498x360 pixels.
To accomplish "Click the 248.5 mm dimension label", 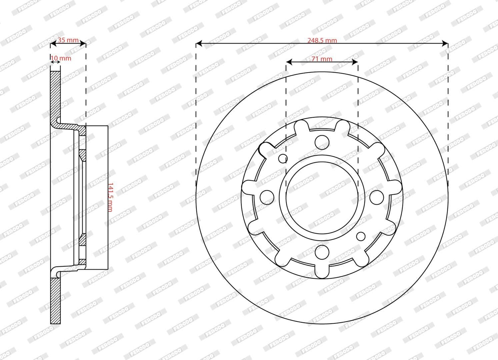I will tap(322, 40).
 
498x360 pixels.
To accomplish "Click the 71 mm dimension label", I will tap(322, 59).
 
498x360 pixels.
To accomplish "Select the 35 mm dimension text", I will tap(68, 40).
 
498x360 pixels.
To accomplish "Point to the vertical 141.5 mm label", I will tap(110, 197).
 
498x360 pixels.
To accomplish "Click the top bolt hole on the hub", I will tap(322, 141).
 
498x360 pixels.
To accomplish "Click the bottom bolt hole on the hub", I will tap(322, 252).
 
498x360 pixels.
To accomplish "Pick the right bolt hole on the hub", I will tap(377, 197).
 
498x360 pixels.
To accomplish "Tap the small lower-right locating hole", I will tap(361, 236).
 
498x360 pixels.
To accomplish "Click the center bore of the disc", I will tap(322, 197).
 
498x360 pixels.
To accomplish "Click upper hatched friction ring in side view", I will tap(56, 93).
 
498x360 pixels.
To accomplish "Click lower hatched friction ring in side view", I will tap(56, 300).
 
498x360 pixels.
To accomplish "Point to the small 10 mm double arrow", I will tap(55, 62).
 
